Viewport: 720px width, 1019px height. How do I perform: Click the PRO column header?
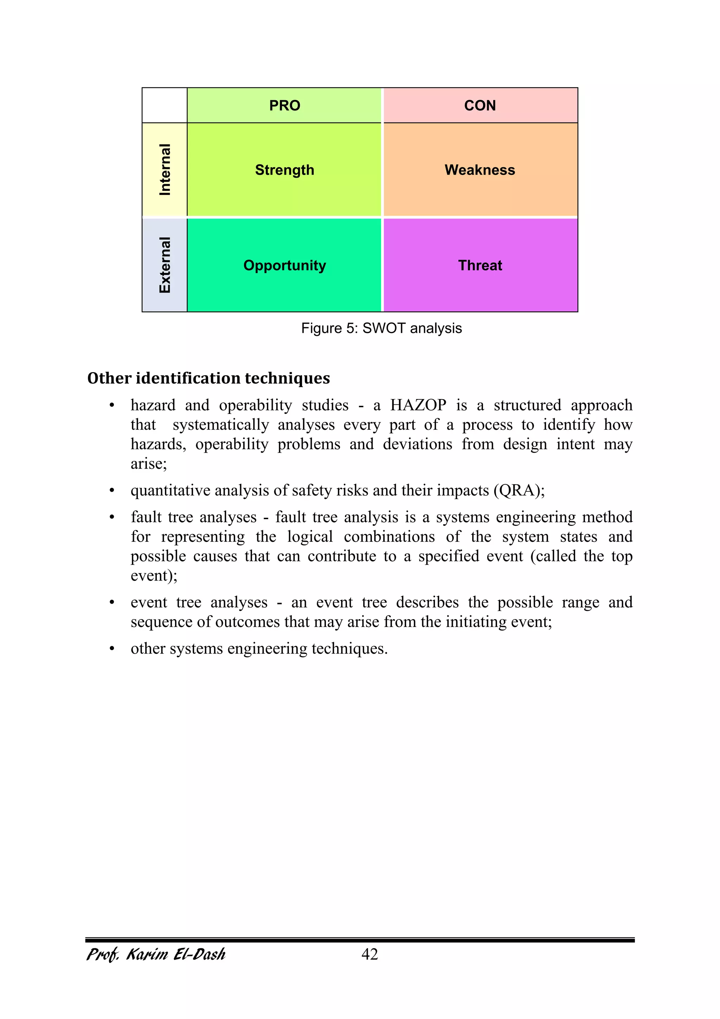(x=285, y=106)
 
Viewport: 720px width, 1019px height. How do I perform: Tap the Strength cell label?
(x=285, y=170)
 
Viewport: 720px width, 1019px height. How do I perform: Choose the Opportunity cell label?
(x=285, y=265)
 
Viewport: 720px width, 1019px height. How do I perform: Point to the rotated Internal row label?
(x=165, y=170)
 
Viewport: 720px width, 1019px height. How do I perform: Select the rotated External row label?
(x=165, y=265)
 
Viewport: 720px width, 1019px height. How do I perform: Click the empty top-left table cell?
(x=165, y=106)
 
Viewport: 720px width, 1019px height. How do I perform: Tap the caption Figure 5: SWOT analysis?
(x=381, y=328)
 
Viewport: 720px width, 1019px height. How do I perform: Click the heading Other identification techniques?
(x=208, y=378)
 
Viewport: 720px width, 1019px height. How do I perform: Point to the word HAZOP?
(x=418, y=405)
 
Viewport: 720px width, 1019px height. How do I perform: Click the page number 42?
(x=370, y=954)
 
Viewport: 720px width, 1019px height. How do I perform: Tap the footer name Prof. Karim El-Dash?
(x=156, y=954)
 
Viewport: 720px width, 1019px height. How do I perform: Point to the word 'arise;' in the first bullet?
(x=148, y=464)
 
